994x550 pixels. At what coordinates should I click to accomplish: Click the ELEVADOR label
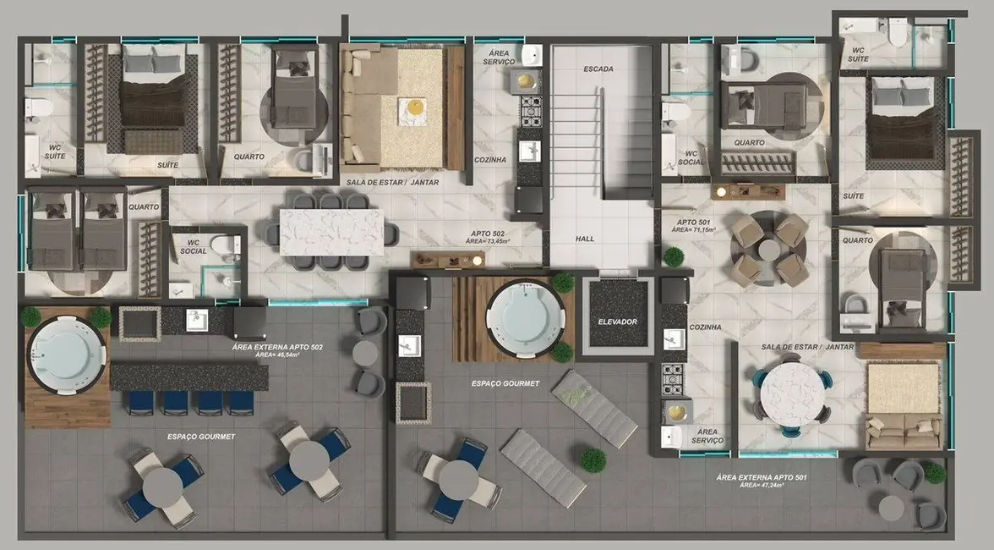pyautogui.click(x=617, y=322)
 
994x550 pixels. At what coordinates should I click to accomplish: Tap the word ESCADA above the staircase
pyautogui.click(x=598, y=69)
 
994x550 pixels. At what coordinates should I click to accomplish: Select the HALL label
pyautogui.click(x=584, y=239)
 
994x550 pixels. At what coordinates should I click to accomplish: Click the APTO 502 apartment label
pyautogui.click(x=490, y=234)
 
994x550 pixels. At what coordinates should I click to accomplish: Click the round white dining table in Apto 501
pyautogui.click(x=791, y=394)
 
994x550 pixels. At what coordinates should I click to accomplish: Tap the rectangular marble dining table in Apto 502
pyautogui.click(x=331, y=231)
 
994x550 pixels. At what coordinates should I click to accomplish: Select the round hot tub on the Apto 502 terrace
pyautogui.click(x=66, y=350)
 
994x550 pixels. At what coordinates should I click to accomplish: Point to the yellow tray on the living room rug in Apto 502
pyautogui.click(x=413, y=107)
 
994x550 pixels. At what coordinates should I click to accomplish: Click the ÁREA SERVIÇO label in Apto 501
pyautogui.click(x=706, y=436)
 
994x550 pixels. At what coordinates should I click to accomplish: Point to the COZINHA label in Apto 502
pyautogui.click(x=490, y=159)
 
